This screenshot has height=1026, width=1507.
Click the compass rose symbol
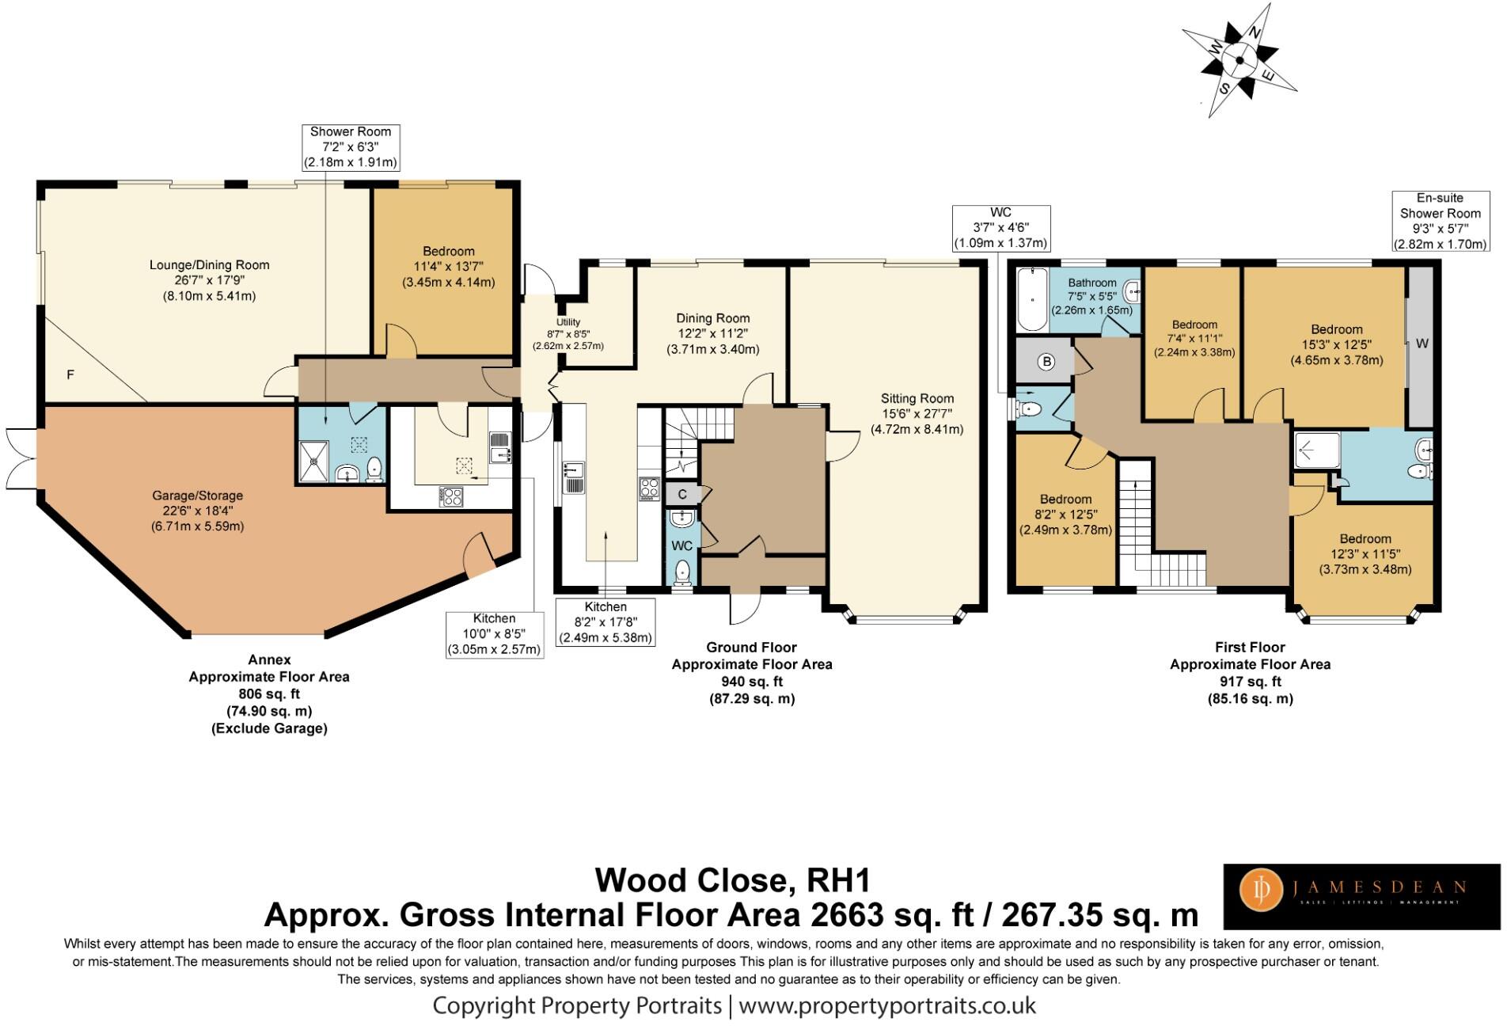click(x=1239, y=59)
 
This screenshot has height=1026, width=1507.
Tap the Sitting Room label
click(x=917, y=413)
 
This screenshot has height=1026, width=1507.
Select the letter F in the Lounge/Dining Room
click(x=70, y=374)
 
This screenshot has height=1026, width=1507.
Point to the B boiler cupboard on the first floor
click(x=1046, y=362)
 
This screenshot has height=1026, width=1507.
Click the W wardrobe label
click(x=1422, y=344)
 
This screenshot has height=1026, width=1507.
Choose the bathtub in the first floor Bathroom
click(x=1029, y=300)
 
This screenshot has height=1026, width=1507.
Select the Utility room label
click(x=567, y=333)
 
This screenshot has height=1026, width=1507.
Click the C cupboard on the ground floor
click(x=681, y=494)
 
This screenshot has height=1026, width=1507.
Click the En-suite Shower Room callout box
click(x=1440, y=221)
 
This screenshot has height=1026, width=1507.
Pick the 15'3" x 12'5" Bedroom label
click(x=1336, y=344)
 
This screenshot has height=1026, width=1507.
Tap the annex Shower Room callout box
click(x=350, y=147)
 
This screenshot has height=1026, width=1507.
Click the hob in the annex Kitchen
click(x=451, y=496)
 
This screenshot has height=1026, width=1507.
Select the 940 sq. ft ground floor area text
click(x=751, y=682)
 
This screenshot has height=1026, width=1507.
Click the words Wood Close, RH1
click(x=732, y=880)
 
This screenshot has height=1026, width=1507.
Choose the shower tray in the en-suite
click(x=1316, y=450)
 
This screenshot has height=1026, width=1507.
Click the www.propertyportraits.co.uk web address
click(x=886, y=1005)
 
